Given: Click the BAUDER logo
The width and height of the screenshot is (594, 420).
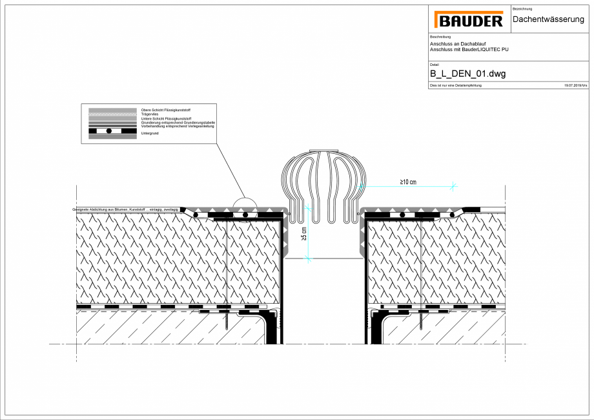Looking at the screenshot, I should click(469, 21).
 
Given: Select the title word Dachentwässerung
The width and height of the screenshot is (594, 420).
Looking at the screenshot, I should click(548, 20).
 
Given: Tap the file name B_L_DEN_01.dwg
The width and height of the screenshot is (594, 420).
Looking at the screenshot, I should click(467, 74).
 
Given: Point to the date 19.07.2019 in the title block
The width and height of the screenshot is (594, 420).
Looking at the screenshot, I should click(573, 85).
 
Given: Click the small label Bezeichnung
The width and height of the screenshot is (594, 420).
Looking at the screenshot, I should click(522, 8).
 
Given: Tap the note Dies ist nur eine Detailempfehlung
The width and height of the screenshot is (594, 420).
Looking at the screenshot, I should click(455, 85).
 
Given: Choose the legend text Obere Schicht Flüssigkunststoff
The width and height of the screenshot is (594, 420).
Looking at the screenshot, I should click(165, 110).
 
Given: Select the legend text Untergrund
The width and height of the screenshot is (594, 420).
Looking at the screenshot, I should click(149, 132).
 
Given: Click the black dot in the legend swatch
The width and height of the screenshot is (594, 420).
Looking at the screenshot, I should click(109, 131).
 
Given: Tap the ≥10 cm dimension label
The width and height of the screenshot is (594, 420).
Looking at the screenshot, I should click(408, 182).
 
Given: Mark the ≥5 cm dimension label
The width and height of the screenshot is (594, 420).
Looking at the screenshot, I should click(304, 234).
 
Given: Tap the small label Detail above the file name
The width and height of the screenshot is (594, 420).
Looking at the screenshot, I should click(434, 65).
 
